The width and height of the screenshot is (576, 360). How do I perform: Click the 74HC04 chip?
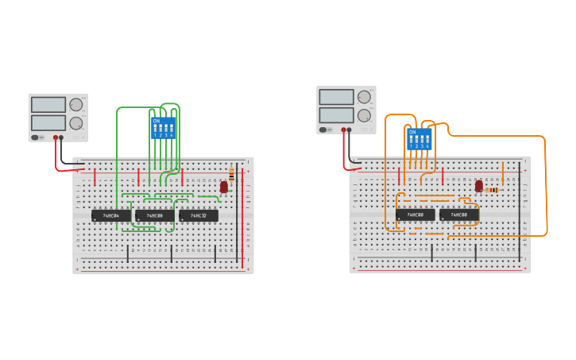[x=110, y=215]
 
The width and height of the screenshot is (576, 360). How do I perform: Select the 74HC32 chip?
[x=198, y=215]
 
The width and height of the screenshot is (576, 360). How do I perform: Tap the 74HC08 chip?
[x=154, y=215]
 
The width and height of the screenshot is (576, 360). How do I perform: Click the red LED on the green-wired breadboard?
[x=224, y=187]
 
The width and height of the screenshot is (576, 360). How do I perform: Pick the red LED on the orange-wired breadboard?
[x=478, y=186]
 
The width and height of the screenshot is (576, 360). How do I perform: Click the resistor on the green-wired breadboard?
[x=231, y=173]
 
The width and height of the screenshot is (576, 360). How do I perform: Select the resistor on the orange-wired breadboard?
[x=492, y=190]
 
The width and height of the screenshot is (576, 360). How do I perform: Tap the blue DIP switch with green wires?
[x=163, y=128]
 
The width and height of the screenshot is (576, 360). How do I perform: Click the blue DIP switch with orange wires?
[x=419, y=139]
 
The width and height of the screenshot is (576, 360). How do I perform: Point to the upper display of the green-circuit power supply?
[x=48, y=105]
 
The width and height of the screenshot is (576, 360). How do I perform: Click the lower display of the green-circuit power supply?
[x=48, y=122]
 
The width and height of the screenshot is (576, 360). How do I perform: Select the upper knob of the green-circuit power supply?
[x=76, y=105]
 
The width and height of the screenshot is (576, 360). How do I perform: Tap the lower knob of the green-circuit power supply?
[x=76, y=123]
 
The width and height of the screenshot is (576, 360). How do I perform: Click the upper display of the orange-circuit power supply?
[x=336, y=97]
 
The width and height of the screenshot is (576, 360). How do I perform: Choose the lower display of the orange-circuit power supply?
[x=336, y=114]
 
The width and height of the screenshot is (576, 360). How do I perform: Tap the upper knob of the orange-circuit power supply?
[x=364, y=97]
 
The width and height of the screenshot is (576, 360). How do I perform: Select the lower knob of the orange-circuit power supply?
[x=364, y=115]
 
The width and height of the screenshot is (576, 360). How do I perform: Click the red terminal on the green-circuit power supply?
[x=56, y=137]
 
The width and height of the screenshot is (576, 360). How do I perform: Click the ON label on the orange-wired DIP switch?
[x=412, y=132]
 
